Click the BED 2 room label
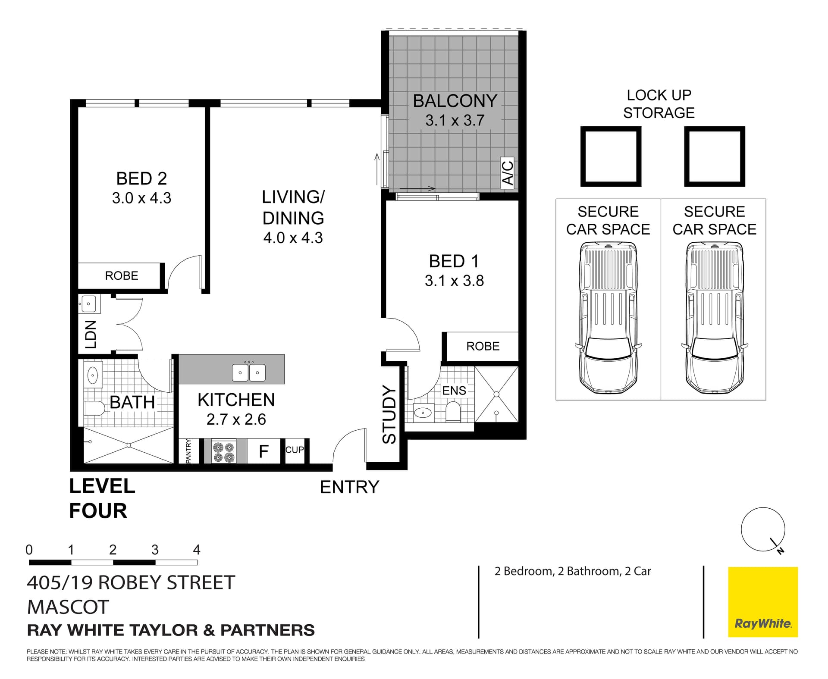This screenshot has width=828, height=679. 141,178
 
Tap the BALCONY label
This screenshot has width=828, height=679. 455,101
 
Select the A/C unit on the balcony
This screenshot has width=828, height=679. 508,173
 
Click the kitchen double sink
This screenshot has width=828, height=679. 249,372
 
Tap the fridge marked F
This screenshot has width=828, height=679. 263,451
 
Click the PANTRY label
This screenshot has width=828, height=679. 188,451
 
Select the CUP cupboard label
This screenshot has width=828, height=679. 295,450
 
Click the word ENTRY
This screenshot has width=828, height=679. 349,487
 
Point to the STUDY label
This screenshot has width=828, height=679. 389,414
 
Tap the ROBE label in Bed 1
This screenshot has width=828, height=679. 483,346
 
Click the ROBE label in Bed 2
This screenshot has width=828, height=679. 122,276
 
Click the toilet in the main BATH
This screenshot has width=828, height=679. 94,408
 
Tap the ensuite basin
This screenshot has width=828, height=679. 423,413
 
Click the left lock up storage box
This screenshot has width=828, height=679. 611,156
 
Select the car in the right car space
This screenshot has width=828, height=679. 714,318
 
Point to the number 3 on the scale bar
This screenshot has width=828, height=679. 155,550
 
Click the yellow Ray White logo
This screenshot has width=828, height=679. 763,602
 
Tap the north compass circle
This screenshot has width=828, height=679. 763,529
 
